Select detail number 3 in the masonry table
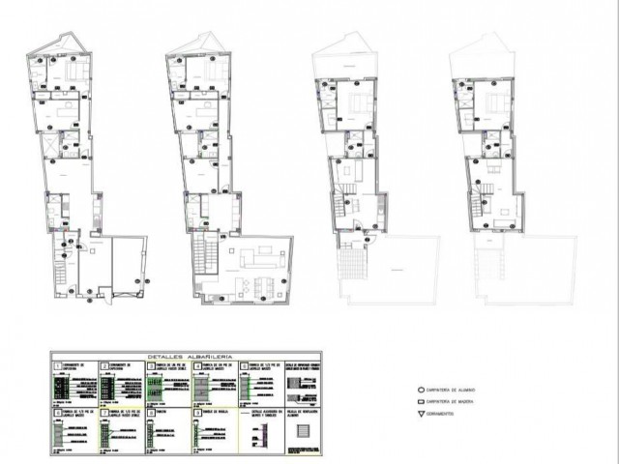click(x=149, y=365)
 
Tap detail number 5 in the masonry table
click(x=243, y=365)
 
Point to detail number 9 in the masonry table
click(x=196, y=411)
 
